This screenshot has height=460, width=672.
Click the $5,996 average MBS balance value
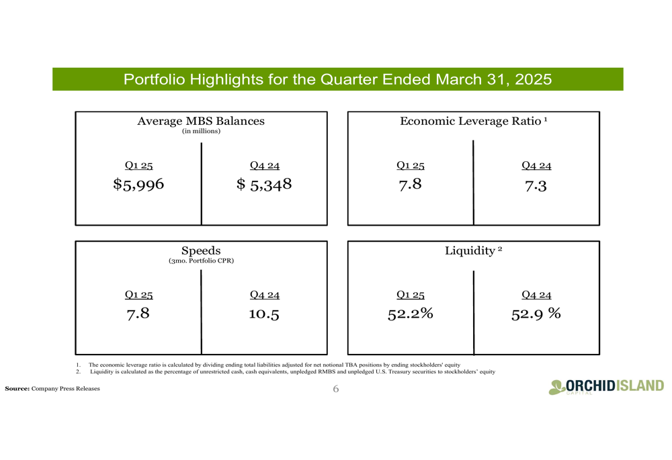(x=138, y=185)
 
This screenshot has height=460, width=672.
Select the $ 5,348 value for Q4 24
(x=264, y=185)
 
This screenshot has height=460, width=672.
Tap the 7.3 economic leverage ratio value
(x=536, y=186)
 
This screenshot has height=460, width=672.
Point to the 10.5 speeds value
(x=264, y=314)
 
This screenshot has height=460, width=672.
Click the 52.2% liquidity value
(x=410, y=314)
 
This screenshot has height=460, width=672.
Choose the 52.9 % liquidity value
(x=536, y=314)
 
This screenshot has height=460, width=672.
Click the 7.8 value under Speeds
(x=138, y=314)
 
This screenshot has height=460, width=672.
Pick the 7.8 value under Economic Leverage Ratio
(x=410, y=185)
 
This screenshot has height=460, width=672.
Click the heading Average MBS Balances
(x=201, y=121)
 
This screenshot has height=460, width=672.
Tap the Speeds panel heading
(x=201, y=250)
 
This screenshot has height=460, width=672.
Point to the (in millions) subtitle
(x=201, y=131)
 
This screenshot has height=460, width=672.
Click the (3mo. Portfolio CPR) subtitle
(x=201, y=261)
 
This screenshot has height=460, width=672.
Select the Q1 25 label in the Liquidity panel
(x=410, y=295)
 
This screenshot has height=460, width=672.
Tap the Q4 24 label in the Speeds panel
(x=264, y=295)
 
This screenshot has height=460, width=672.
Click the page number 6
(x=335, y=389)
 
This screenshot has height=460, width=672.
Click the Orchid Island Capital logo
(x=606, y=387)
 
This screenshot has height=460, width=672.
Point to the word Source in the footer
(x=17, y=388)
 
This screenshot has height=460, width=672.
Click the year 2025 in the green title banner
(x=533, y=79)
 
